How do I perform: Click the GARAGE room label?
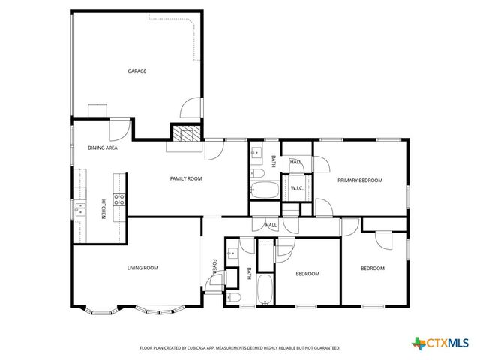tap(136, 71)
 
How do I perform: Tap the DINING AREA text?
tap(101, 148)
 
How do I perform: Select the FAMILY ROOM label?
tap(186, 178)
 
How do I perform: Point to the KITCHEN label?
tap(103, 208)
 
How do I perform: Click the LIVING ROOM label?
tap(141, 268)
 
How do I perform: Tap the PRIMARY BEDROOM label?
tap(360, 181)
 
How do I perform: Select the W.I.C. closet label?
tap(296, 188)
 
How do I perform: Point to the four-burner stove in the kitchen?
tap(118, 199)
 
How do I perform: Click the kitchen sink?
tap(79, 208)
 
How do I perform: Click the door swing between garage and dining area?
tap(118, 128)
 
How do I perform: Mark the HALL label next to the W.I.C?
tap(296, 162)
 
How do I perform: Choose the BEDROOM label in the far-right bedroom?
tap(373, 268)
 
